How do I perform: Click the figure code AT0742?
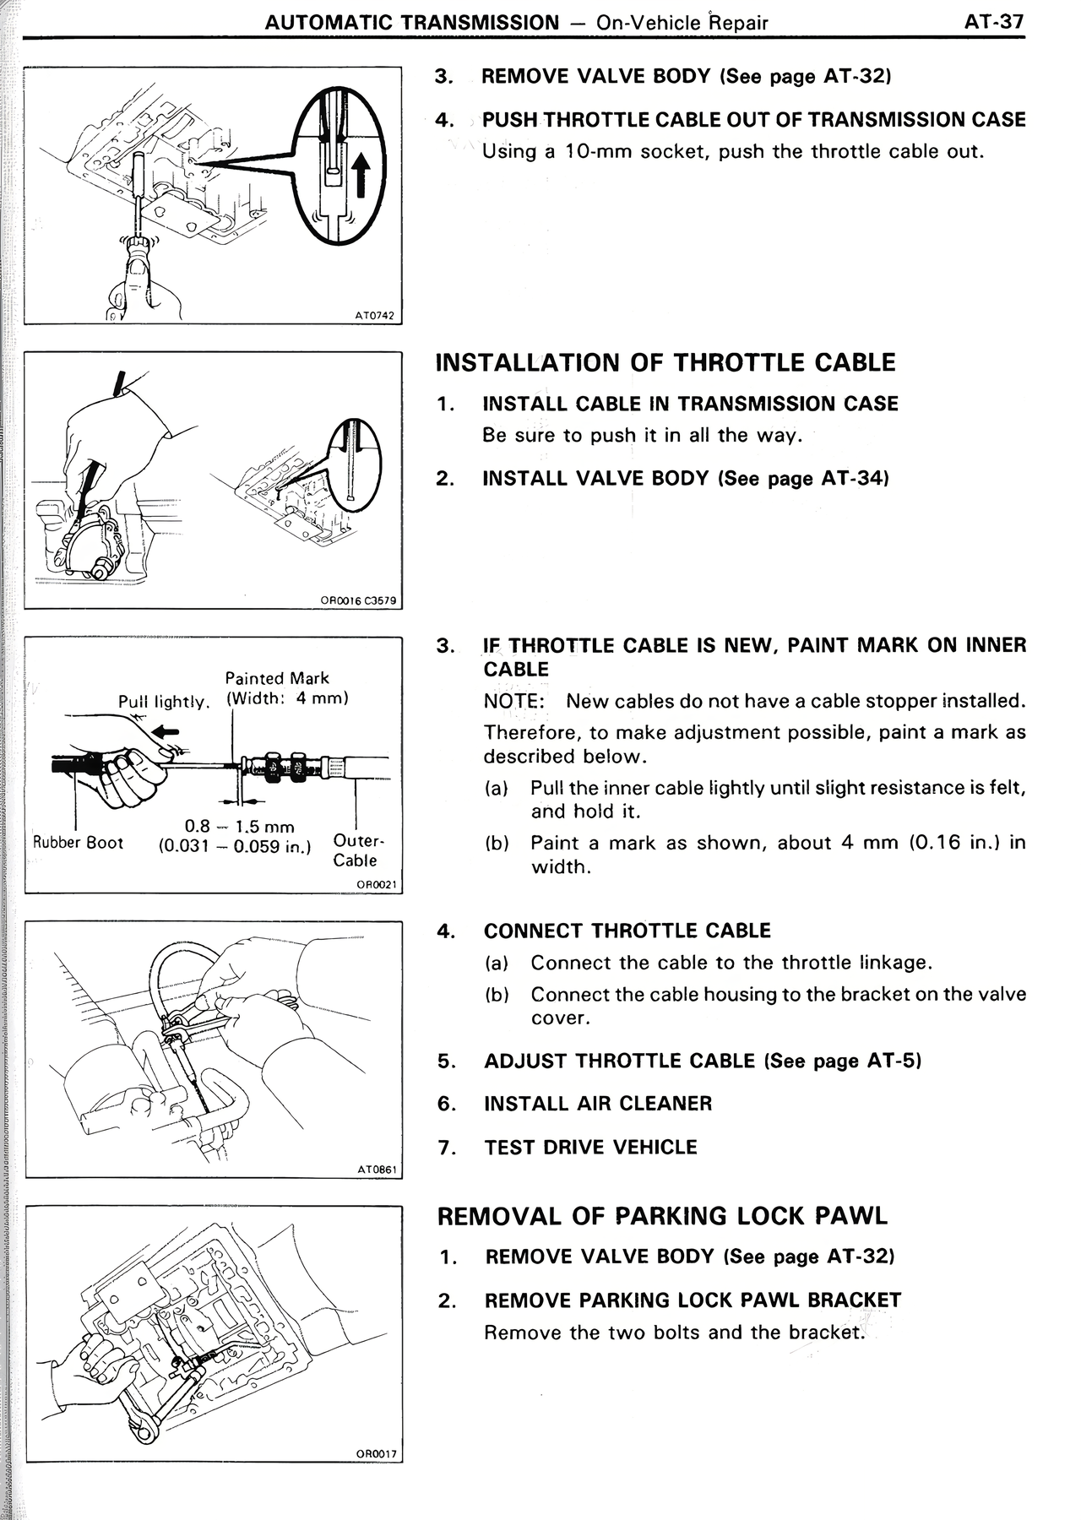(375, 316)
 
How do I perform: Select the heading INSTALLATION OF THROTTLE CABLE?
(665, 362)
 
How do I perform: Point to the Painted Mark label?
(276, 678)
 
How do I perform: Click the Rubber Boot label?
(78, 842)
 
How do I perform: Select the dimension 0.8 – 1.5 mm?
(239, 827)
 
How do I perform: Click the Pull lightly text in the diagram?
(162, 702)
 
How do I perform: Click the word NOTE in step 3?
(510, 702)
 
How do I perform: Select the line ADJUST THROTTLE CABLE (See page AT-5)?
(702, 1061)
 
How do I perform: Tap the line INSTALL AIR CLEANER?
(597, 1103)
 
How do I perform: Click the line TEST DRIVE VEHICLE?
(590, 1147)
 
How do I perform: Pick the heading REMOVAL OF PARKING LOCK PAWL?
(662, 1216)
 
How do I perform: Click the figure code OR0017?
(376, 1453)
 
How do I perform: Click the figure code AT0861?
(377, 1170)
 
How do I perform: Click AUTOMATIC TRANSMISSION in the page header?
(412, 23)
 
